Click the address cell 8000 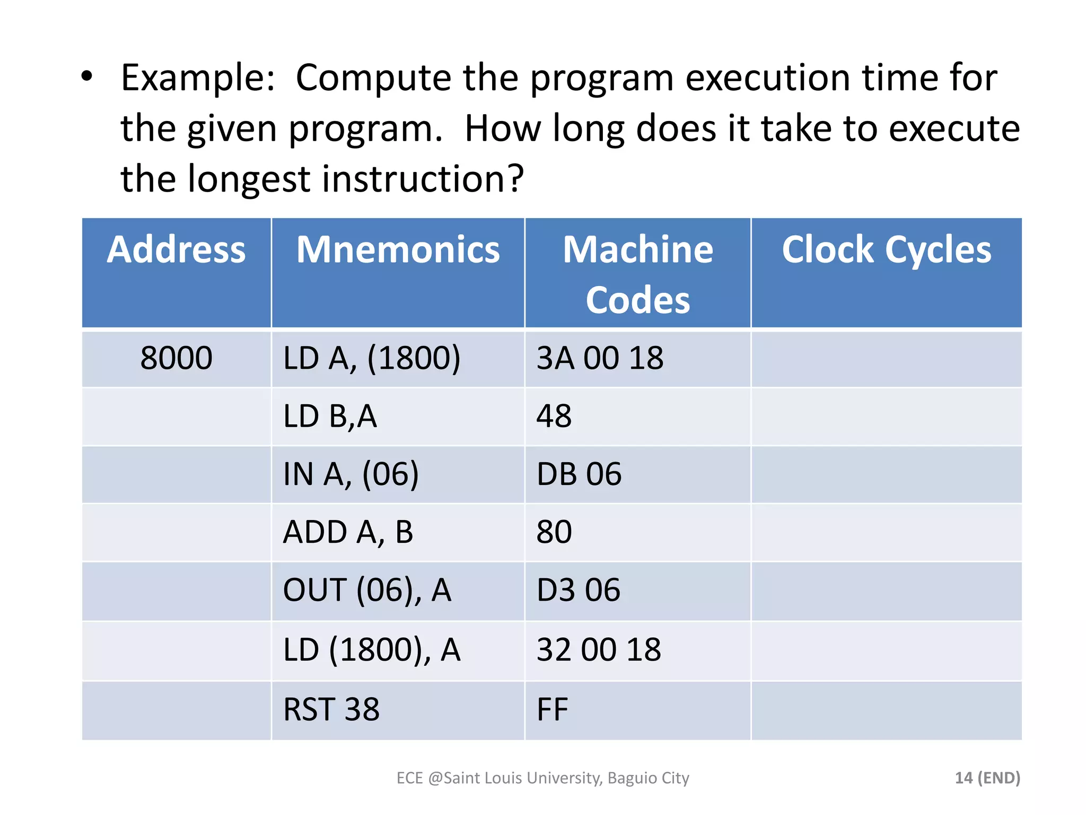pos(176,358)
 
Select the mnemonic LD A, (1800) pos(371,358)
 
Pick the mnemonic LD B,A pos(330,416)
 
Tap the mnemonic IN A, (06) pos(351,474)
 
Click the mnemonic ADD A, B pos(348,532)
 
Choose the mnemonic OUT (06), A pos(367,590)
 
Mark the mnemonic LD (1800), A pos(371,649)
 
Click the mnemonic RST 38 pos(331,709)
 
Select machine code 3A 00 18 pos(600,358)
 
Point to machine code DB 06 pos(579,474)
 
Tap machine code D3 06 pos(578,590)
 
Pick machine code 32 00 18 pos(599,649)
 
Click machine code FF pos(552,709)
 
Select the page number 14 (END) pos(987,778)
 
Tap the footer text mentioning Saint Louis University pos(542,778)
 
